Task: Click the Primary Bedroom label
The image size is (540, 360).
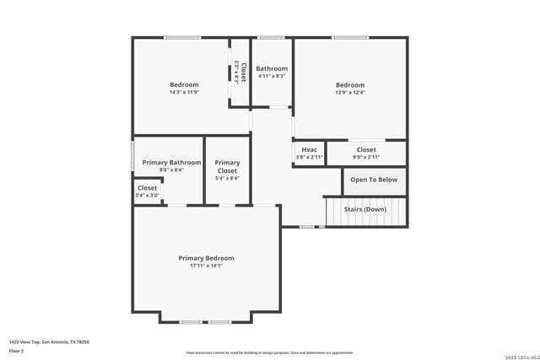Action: pyautogui.click(x=206, y=258)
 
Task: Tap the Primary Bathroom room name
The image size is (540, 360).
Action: pyautogui.click(x=171, y=162)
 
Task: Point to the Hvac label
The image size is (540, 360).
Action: pyautogui.click(x=309, y=149)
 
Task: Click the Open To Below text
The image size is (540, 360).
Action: pyautogui.click(x=374, y=180)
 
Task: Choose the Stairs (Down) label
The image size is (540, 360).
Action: pyautogui.click(x=365, y=209)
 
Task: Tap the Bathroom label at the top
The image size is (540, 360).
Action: pyautogui.click(x=272, y=68)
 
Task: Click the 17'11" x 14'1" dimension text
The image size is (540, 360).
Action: pyautogui.click(x=206, y=266)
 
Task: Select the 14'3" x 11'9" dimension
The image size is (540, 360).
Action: pyautogui.click(x=184, y=92)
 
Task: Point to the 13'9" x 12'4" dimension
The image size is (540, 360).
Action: pyautogui.click(x=350, y=92)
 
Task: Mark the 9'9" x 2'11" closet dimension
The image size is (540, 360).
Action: pyautogui.click(x=366, y=157)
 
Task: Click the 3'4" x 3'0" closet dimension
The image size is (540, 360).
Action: pyautogui.click(x=147, y=196)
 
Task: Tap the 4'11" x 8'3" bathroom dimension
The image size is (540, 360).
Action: pyautogui.click(x=272, y=76)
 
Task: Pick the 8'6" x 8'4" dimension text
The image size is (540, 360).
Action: pyautogui.click(x=171, y=169)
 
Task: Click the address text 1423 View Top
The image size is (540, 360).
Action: pyautogui.click(x=49, y=341)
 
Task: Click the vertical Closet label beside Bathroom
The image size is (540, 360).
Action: pyautogui.click(x=243, y=71)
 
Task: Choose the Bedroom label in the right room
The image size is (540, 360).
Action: pyautogui.click(x=350, y=84)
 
